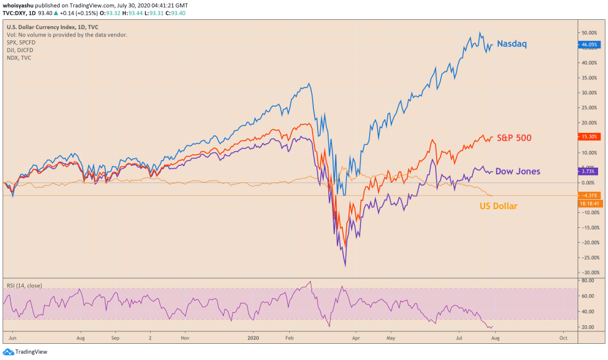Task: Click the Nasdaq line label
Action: point(512,44)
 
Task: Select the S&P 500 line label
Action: point(515,137)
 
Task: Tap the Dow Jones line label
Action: point(517,171)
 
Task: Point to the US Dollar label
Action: point(499,205)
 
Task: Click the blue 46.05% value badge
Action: point(588,45)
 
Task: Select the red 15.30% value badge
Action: point(588,137)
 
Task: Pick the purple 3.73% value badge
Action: point(588,171)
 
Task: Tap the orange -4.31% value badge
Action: point(588,196)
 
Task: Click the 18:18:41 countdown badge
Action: point(588,203)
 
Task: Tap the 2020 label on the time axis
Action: point(253,339)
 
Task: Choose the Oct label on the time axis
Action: point(563,339)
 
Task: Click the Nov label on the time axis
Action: point(184,339)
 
